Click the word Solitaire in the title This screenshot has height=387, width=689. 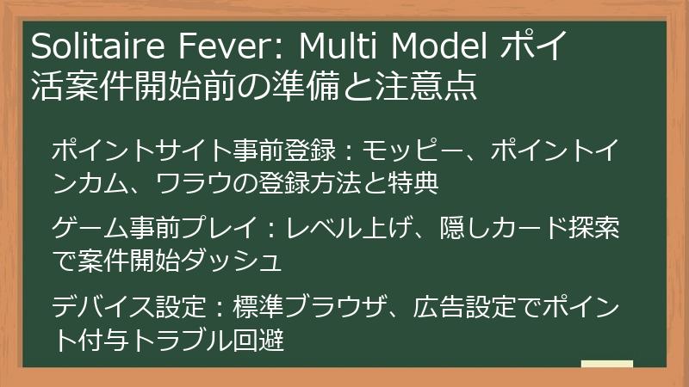click(x=87, y=45)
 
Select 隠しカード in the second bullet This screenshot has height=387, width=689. click(x=481, y=228)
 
